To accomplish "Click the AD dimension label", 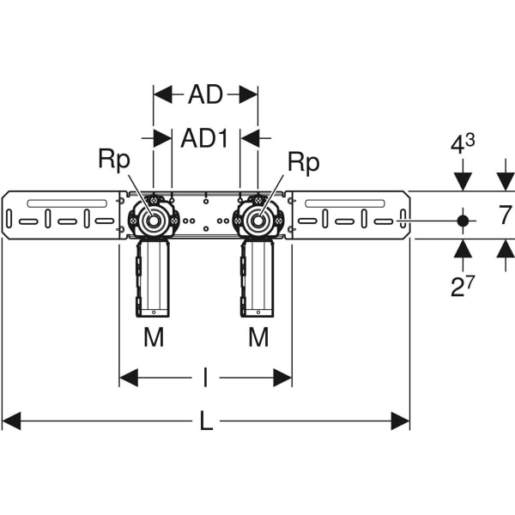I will (205, 94).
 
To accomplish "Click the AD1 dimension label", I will (204, 138).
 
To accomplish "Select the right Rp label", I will (302, 161).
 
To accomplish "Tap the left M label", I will (153, 338).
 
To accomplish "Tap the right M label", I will (258, 338).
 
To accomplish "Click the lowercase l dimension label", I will (205, 377).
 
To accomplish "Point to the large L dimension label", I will (206, 421).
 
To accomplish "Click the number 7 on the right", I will (506, 215).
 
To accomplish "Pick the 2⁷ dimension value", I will (463, 286).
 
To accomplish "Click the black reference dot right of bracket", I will (463, 221).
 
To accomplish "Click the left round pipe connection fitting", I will (153, 221).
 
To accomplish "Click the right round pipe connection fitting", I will (257, 221).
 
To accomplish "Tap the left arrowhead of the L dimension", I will (11, 421).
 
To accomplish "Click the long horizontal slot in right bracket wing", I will (344, 203).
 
